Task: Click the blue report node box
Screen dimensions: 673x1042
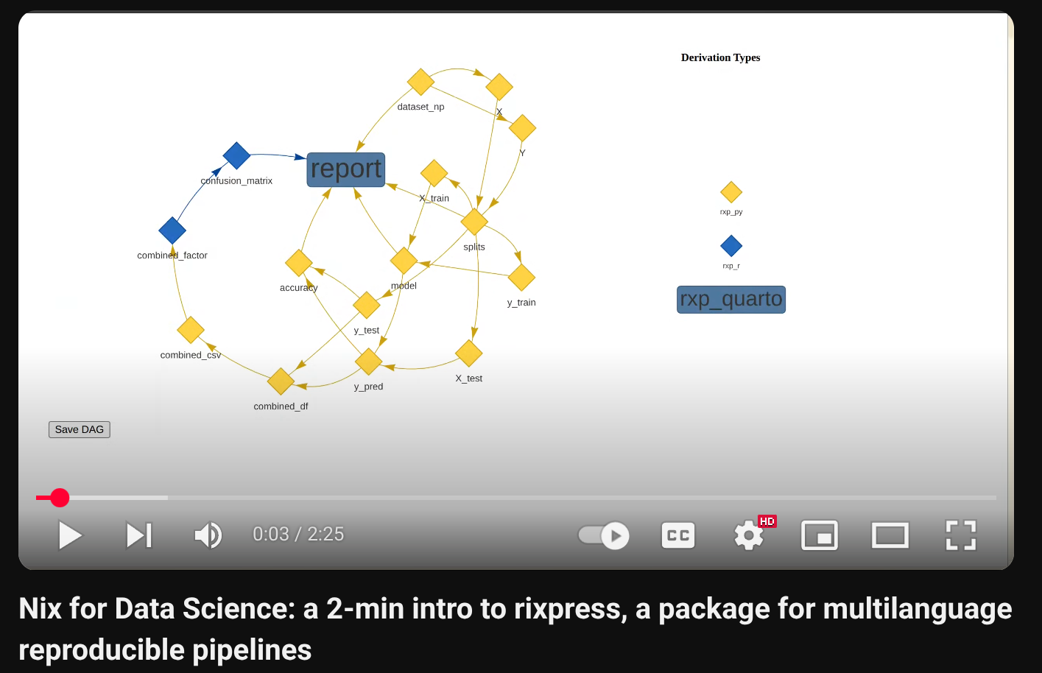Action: [346, 169]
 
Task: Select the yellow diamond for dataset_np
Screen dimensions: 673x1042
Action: [420, 82]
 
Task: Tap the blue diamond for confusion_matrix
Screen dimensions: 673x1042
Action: [236, 155]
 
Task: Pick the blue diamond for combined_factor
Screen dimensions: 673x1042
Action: [172, 230]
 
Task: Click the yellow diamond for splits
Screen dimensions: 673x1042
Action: [474, 221]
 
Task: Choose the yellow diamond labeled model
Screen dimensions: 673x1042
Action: [404, 260]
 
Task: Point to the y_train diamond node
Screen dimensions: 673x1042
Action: [521, 278]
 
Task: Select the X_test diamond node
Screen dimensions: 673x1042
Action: [469, 353]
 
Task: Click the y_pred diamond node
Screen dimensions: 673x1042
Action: [368, 362]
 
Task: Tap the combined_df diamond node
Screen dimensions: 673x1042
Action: [281, 381]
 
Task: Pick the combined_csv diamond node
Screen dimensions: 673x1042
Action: [191, 330]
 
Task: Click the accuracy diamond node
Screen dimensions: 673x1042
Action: [298, 263]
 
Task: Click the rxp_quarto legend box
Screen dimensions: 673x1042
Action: [731, 300]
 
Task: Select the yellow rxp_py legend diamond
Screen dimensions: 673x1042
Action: [731, 192]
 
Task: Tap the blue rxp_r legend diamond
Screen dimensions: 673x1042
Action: [731, 246]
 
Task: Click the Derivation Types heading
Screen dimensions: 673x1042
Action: [720, 57]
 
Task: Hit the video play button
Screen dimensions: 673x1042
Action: [70, 535]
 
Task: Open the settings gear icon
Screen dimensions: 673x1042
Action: [749, 535]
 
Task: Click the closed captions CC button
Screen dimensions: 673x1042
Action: [678, 535]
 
